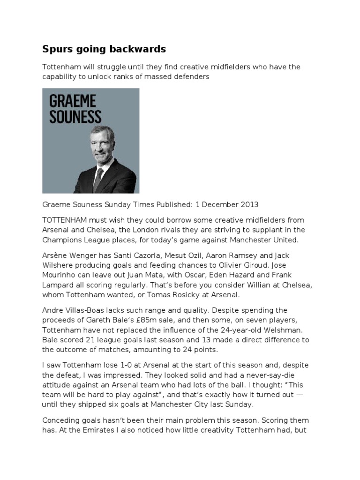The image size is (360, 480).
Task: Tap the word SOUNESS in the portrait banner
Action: tap(75, 116)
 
